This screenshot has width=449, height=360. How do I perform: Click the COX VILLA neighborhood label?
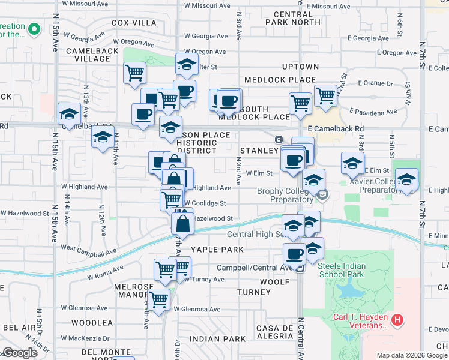(x=133, y=23)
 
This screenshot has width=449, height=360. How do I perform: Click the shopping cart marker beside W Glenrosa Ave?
(x=159, y=299)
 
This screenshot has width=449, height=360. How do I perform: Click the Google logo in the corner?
(x=20, y=353)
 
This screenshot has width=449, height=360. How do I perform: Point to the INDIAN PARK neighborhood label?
(x=217, y=339)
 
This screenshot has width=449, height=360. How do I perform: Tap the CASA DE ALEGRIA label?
(x=274, y=332)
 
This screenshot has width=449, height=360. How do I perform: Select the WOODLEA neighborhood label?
(x=92, y=323)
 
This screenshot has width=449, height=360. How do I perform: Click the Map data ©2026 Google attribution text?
(x=412, y=355)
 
